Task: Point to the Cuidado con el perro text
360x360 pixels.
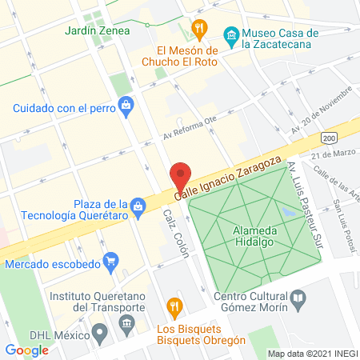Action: tap(61, 108)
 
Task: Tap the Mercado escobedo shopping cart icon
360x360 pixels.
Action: tap(111, 260)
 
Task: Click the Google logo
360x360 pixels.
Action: tap(27, 350)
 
